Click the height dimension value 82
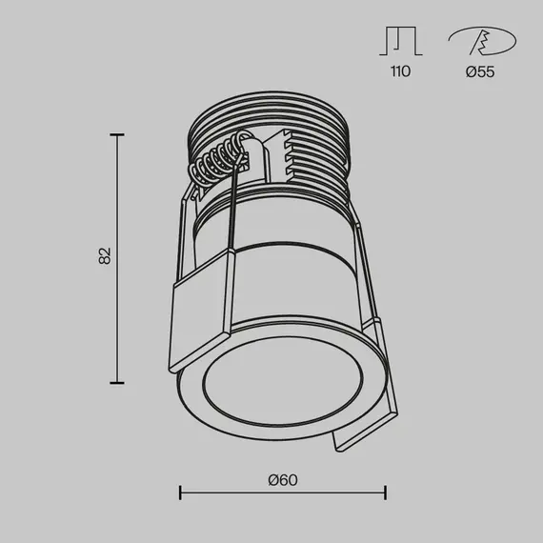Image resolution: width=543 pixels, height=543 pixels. point(106,255)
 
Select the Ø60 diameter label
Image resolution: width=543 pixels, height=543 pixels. point(283,479)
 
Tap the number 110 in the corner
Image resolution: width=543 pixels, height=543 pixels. point(400,72)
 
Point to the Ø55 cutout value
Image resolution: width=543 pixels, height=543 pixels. point(481,72)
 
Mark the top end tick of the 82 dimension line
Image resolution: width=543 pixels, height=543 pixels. point(117,135)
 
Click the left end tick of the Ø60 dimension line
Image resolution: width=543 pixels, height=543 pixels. point(181,493)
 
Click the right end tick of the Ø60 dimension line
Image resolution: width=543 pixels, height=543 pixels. point(385,493)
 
